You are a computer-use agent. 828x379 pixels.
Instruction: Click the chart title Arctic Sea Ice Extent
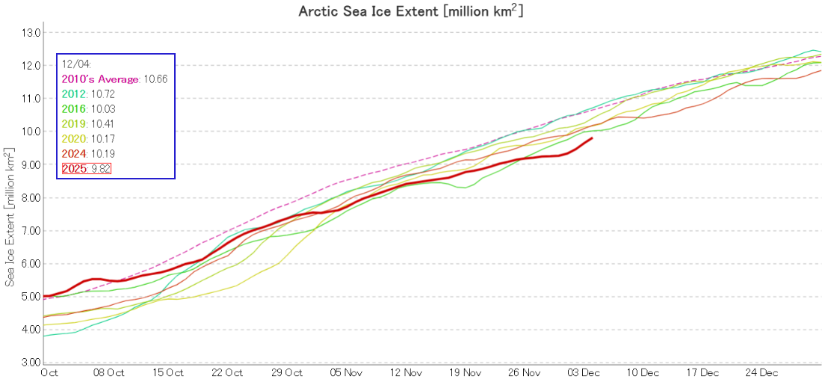click(x=414, y=10)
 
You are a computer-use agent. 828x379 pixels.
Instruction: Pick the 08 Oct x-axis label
click(x=109, y=372)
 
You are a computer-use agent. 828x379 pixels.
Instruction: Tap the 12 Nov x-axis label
click(x=406, y=372)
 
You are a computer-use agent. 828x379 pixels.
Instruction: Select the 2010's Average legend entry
click(x=99, y=79)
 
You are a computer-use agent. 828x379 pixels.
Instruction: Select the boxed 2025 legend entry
click(x=87, y=169)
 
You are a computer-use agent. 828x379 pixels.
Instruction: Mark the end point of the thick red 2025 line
click(x=593, y=138)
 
